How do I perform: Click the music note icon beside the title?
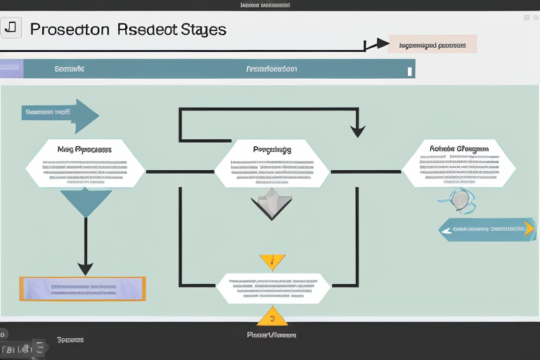point(11,27)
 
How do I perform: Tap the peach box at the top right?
point(432,44)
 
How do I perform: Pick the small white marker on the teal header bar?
point(409,70)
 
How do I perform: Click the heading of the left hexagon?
point(84,149)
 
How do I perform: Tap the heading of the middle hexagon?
point(271,149)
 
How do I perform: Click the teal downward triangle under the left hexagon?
point(86,200)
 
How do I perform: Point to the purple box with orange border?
point(83,288)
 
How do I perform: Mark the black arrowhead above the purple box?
point(85,268)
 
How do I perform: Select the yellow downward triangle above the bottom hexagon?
point(272,262)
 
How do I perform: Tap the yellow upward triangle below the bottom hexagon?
point(271,316)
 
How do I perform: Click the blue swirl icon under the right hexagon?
point(458,200)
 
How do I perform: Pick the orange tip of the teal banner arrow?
point(529,228)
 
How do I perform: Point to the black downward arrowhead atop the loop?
point(358,130)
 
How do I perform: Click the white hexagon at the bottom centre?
point(272,288)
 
